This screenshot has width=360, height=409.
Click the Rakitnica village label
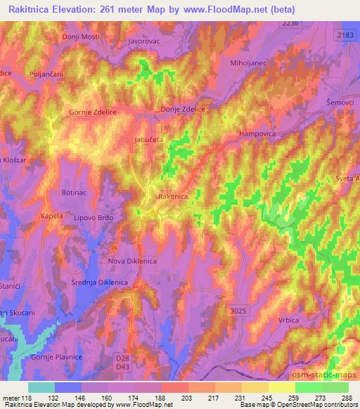click(x=174, y=197)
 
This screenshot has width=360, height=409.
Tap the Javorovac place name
click(x=145, y=41)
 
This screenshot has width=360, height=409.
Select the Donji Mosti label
click(x=82, y=36)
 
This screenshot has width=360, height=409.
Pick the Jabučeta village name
click(x=149, y=140)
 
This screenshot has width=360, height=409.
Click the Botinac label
click(x=75, y=192)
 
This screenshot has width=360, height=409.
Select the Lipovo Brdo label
click(x=94, y=218)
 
